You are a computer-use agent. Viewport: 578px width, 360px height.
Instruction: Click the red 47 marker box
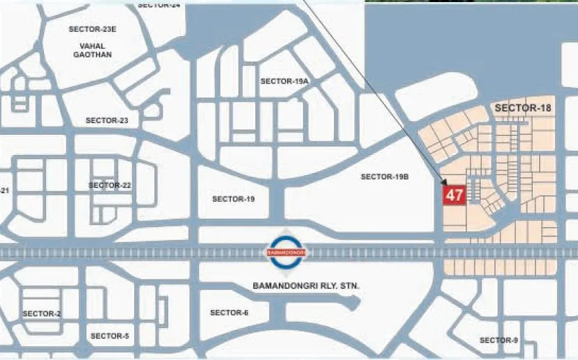click(454, 195)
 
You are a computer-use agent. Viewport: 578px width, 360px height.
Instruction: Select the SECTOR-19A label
click(284, 81)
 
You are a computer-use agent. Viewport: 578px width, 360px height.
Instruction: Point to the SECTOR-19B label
click(385, 177)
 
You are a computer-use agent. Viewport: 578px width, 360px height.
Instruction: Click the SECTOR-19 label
click(233, 199)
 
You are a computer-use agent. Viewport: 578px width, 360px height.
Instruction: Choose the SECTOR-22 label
click(110, 186)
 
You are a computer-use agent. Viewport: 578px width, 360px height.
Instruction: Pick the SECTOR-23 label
click(107, 120)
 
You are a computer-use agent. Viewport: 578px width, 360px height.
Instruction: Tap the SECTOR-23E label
click(93, 29)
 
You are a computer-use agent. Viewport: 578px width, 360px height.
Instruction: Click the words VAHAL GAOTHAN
click(93, 50)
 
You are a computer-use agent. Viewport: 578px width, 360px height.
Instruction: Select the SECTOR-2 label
click(42, 314)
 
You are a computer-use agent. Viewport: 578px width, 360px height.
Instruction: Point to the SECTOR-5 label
click(109, 336)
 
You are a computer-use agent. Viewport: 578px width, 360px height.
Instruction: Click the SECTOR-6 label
click(229, 313)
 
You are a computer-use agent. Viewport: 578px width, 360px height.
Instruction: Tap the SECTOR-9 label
click(499, 340)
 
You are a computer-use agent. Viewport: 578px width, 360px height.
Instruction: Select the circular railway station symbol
click(288, 250)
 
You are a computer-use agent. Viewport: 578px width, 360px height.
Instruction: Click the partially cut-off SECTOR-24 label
click(159, 4)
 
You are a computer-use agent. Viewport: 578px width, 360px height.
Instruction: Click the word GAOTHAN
click(93, 55)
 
